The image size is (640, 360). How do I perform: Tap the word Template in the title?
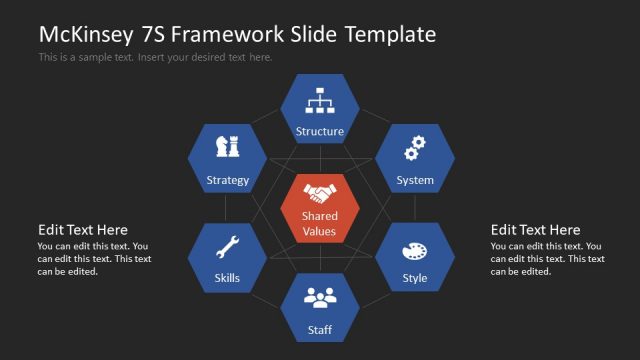[x=390, y=34]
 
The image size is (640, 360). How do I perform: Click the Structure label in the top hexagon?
[x=320, y=131]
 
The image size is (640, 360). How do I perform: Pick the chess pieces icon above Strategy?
[x=227, y=148]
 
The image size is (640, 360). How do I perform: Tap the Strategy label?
[x=227, y=181]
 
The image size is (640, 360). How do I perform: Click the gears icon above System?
[x=414, y=149]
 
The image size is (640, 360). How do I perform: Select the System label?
[x=414, y=181]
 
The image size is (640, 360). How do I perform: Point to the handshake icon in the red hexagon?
[x=320, y=192]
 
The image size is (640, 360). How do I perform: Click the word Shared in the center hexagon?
[x=320, y=216]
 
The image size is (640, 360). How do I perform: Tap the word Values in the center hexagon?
[x=320, y=232]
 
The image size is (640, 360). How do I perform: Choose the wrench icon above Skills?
[x=227, y=246]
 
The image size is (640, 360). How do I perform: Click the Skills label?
[x=227, y=278]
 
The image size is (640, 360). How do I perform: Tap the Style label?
[x=414, y=278]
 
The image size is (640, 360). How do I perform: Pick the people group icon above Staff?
[x=320, y=297]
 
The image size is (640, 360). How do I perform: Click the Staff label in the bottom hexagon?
[x=320, y=330]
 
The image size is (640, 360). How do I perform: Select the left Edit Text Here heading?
[x=83, y=230]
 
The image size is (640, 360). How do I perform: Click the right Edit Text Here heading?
[x=535, y=230]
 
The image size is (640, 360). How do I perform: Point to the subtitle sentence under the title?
[x=155, y=57]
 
